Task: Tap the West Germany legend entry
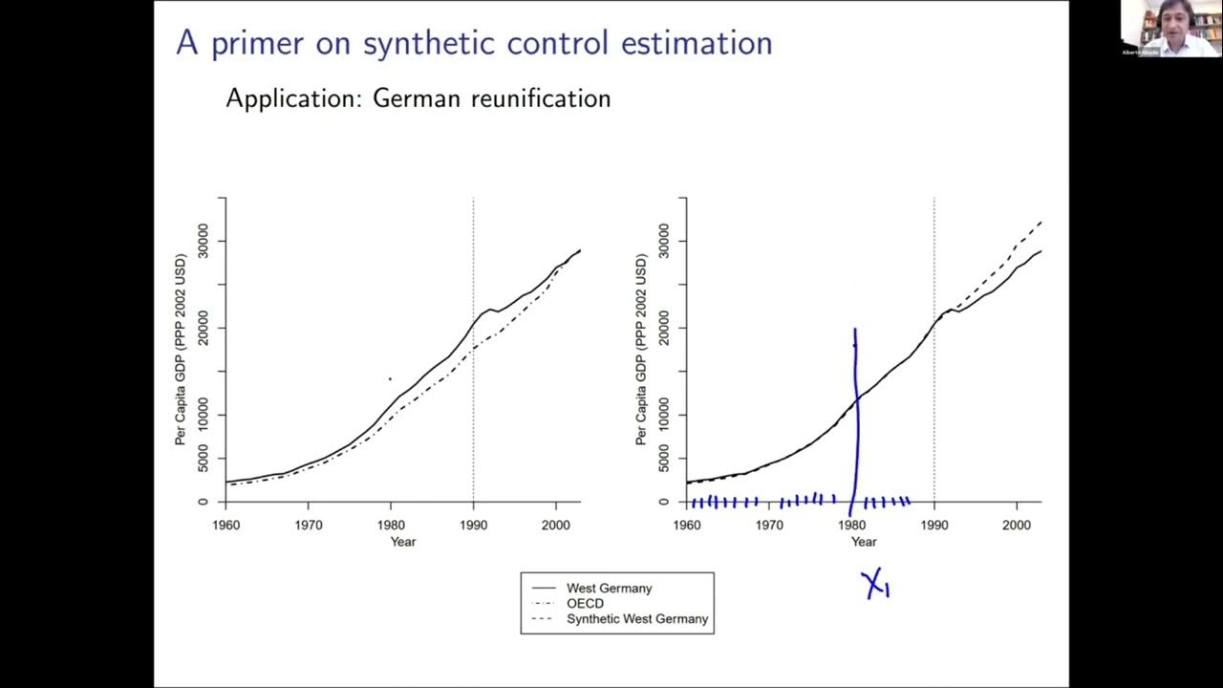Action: pos(609,588)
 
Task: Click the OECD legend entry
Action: pos(585,603)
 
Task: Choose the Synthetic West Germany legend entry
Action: pos(637,618)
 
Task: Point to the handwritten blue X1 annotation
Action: pos(875,584)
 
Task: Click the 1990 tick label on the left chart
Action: pos(473,525)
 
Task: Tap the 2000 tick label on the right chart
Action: pos(1016,525)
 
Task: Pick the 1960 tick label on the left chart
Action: pos(225,525)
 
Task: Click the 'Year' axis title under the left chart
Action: pos(402,542)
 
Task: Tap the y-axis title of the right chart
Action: pos(641,350)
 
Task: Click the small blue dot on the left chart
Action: pos(390,379)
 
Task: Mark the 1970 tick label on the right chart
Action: pos(769,525)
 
